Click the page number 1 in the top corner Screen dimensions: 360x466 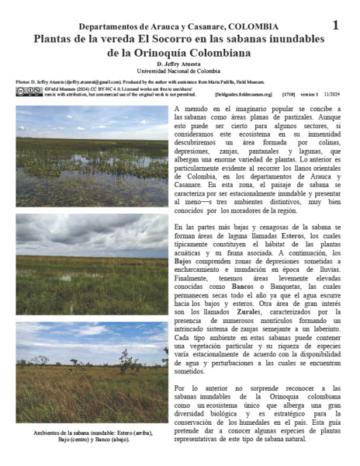[x=335, y=25]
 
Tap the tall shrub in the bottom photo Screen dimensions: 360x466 [x=126, y=359]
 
